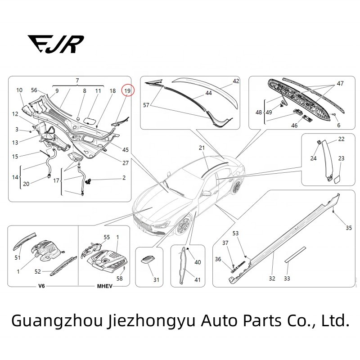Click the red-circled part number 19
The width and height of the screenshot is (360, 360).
(x=127, y=90)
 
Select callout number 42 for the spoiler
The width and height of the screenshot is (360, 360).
(x=236, y=81)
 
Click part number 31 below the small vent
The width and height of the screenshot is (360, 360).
(x=156, y=280)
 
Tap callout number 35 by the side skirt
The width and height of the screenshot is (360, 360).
(x=349, y=228)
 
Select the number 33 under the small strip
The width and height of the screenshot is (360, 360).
(x=287, y=279)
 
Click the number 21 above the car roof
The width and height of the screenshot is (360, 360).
(x=202, y=148)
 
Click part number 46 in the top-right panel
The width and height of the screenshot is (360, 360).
(x=294, y=126)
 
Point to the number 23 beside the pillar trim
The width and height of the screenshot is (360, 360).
(x=341, y=158)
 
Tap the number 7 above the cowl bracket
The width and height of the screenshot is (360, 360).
(x=77, y=80)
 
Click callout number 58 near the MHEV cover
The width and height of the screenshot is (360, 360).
(x=119, y=279)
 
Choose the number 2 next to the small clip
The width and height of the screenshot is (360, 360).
(x=124, y=178)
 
